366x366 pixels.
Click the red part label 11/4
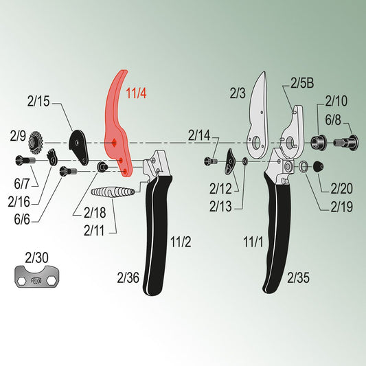pyautogui.click(x=137, y=93)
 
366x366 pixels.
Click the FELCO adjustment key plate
pyautogui.click(x=37, y=277)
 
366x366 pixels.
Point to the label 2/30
pyautogui.click(x=36, y=258)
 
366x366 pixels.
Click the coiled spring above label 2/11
pyautogui.click(x=113, y=192)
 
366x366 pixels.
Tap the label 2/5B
pyautogui.click(x=302, y=83)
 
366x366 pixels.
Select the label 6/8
pyautogui.click(x=333, y=119)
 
